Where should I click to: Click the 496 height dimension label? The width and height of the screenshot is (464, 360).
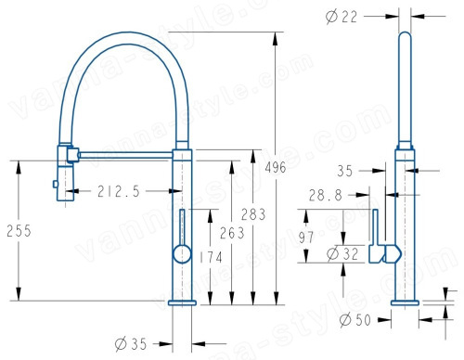(x=276, y=168)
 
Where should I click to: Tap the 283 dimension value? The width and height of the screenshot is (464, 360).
(x=253, y=214)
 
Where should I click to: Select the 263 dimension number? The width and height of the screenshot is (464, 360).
(x=232, y=233)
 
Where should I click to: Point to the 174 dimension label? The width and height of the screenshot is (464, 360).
(x=211, y=257)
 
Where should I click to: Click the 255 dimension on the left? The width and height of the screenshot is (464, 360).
(x=19, y=231)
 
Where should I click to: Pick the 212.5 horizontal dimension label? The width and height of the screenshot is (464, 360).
(x=119, y=191)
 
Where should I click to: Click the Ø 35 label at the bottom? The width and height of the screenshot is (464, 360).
(x=130, y=343)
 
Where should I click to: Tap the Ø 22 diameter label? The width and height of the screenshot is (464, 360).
(x=342, y=17)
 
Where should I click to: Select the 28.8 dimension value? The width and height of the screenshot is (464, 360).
(x=326, y=196)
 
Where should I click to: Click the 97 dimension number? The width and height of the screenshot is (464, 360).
(x=306, y=238)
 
